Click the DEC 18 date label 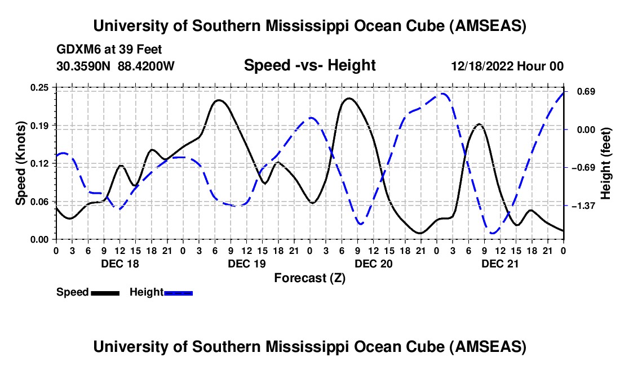click(x=119, y=264)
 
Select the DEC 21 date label click(x=500, y=264)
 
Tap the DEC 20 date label click(x=373, y=264)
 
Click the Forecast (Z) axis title click(x=309, y=278)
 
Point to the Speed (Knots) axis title click(x=21, y=163)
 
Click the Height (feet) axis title click(x=606, y=163)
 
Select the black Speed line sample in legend click(x=105, y=292)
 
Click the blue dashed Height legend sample click(x=178, y=292)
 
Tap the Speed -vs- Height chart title click(x=309, y=65)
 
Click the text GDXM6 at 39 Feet click(x=109, y=50)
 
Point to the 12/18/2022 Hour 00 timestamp click(x=507, y=66)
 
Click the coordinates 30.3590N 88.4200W click(x=116, y=66)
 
